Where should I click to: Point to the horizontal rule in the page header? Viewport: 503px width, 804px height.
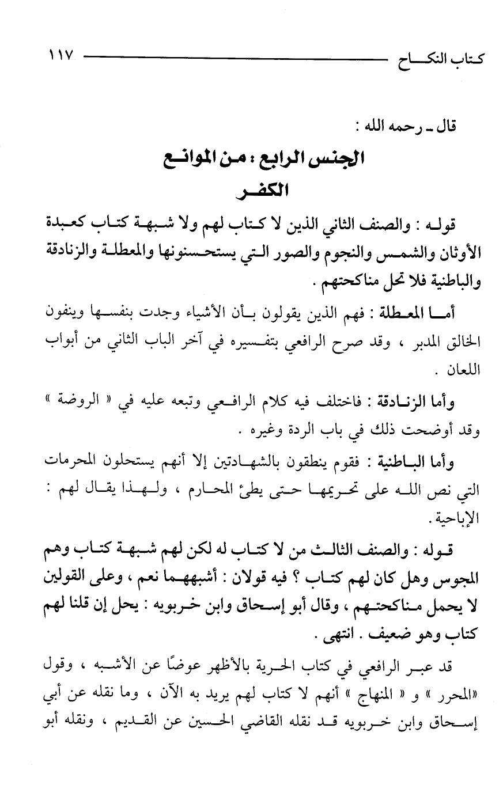[x=230, y=58]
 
